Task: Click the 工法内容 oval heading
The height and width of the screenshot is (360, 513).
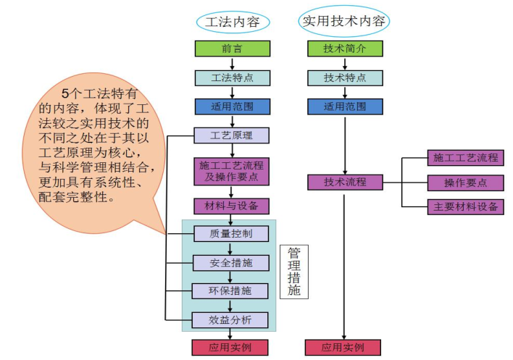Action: (x=232, y=22)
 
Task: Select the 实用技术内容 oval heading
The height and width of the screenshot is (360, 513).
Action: (x=344, y=22)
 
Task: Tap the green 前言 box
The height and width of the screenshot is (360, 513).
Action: (x=232, y=49)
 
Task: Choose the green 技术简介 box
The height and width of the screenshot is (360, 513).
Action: (x=344, y=49)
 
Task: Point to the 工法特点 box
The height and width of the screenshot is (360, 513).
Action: (x=232, y=78)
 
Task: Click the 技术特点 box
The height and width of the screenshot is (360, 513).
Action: (x=344, y=78)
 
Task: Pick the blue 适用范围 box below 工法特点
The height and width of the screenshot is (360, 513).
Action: (x=232, y=106)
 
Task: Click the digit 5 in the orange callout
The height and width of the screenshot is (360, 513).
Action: (x=64, y=93)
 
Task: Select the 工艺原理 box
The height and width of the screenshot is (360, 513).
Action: (x=232, y=135)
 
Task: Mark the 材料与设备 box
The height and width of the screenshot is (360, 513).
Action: (x=232, y=206)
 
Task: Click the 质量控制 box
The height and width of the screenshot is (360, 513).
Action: (x=232, y=233)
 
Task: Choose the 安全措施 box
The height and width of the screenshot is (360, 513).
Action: (x=232, y=262)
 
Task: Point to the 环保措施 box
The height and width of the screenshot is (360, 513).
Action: (x=232, y=290)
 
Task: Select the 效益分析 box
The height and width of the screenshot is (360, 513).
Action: (x=232, y=319)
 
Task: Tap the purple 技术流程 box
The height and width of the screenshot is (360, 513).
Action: (x=344, y=182)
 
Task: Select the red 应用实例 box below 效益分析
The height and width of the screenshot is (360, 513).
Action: (x=232, y=348)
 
